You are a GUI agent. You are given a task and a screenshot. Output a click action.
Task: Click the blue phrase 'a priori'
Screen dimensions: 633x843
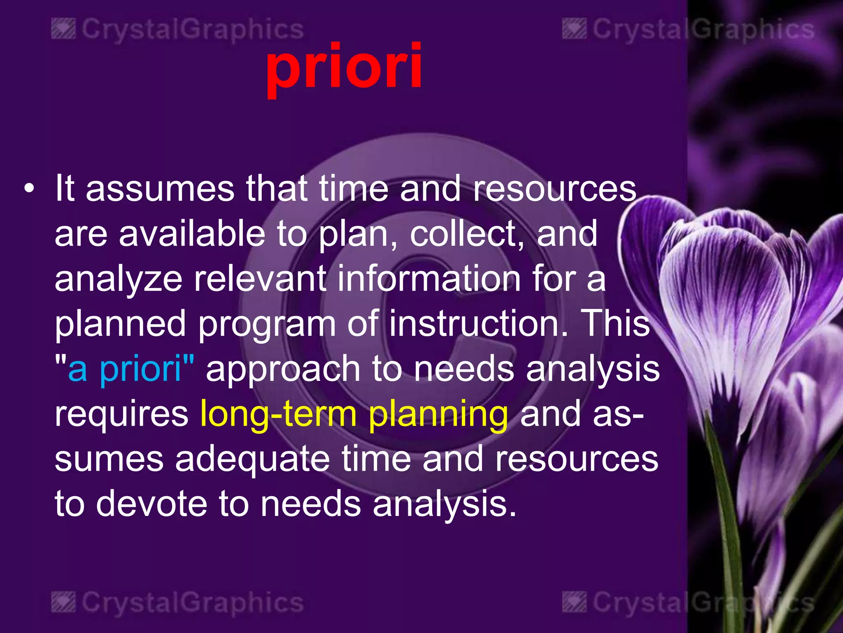click(125, 368)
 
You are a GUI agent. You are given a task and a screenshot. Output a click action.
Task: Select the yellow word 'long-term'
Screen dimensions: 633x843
click(278, 413)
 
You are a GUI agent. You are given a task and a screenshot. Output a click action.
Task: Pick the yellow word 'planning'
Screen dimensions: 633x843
click(438, 414)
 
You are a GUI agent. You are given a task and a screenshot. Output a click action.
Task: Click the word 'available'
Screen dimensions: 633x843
click(192, 234)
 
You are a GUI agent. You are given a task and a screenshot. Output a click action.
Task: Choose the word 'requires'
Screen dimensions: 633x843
click(121, 414)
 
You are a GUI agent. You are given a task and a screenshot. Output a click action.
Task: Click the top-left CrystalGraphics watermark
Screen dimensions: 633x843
click(177, 30)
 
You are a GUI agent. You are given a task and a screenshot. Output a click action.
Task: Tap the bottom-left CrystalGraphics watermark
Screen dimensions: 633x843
click(177, 603)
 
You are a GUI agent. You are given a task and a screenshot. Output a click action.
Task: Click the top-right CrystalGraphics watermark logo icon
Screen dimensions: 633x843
click(574, 29)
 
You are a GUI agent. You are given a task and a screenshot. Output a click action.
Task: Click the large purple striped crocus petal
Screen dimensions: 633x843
click(724, 288)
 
